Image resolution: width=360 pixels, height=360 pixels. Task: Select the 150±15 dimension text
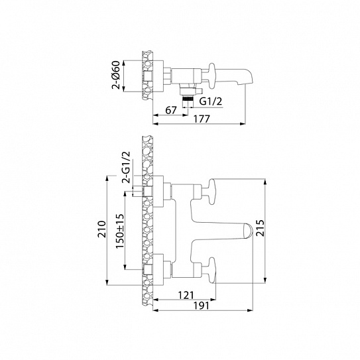click(x=120, y=229)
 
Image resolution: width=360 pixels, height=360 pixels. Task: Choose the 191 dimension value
click(x=201, y=306)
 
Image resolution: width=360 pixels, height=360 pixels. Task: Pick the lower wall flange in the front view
click(x=162, y=269)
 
